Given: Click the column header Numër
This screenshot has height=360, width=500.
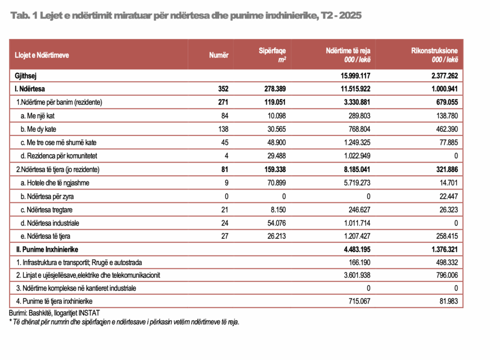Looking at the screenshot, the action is pos(219,55).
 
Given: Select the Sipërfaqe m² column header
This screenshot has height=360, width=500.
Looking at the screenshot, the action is pos(272,55).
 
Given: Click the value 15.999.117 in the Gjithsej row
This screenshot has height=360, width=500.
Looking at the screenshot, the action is pos(355,76).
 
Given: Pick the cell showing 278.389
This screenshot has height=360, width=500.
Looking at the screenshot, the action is pos(275,89).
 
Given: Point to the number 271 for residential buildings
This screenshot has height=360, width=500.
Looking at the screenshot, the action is pos(223,103).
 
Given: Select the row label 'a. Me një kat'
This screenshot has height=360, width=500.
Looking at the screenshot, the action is pos(38,116).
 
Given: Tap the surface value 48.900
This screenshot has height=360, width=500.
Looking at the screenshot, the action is pos(276,143).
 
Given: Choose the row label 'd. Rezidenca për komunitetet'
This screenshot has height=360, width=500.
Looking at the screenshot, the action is pos(59,156).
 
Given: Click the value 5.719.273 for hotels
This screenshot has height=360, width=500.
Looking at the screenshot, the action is pos(357,183).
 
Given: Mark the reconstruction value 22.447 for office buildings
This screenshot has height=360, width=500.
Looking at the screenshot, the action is pos(449,196).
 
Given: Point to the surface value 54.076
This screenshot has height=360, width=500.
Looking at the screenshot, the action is pos(276,223).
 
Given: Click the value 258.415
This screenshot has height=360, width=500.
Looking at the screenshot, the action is pos(447,236).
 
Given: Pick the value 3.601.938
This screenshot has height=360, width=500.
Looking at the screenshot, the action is pos(357,275).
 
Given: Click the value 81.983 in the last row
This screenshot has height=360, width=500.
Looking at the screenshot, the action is pos(449,301).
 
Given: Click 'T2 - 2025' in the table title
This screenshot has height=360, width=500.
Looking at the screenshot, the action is pos(341,15).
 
